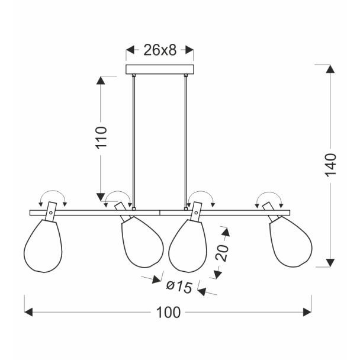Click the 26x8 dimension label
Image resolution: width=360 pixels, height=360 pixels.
click(x=160, y=50)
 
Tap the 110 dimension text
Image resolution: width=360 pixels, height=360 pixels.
click(x=101, y=138)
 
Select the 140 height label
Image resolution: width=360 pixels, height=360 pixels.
click(x=331, y=165)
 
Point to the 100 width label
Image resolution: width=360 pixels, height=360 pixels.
click(x=168, y=313)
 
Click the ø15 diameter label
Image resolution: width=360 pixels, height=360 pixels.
click(x=179, y=287)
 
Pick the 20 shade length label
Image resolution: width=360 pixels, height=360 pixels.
click(x=222, y=253)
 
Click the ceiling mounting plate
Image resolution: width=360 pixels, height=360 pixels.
click(x=160, y=69)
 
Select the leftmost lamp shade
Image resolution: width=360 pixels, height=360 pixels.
click(x=43, y=246)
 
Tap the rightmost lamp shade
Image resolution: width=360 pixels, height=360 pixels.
click(x=291, y=242)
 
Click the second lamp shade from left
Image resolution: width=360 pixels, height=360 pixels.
click(x=142, y=242)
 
